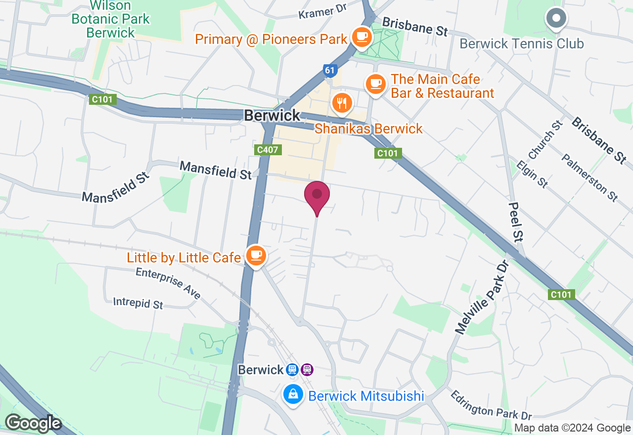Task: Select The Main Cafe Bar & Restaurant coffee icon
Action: click(376, 83)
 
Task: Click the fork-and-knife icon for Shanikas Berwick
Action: click(342, 103)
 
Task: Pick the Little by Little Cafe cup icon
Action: click(256, 256)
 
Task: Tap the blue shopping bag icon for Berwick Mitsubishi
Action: click(293, 394)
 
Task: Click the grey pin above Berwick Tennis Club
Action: click(556, 19)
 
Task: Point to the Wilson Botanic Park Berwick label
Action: click(110, 19)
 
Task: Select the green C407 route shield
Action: click(269, 149)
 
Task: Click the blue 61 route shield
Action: click(330, 71)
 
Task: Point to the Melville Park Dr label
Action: click(482, 297)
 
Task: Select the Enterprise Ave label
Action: click(168, 283)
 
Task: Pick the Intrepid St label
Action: click(138, 303)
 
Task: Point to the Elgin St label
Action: click(532, 173)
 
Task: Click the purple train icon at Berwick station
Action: click(307, 369)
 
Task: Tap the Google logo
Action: click(33, 423)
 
